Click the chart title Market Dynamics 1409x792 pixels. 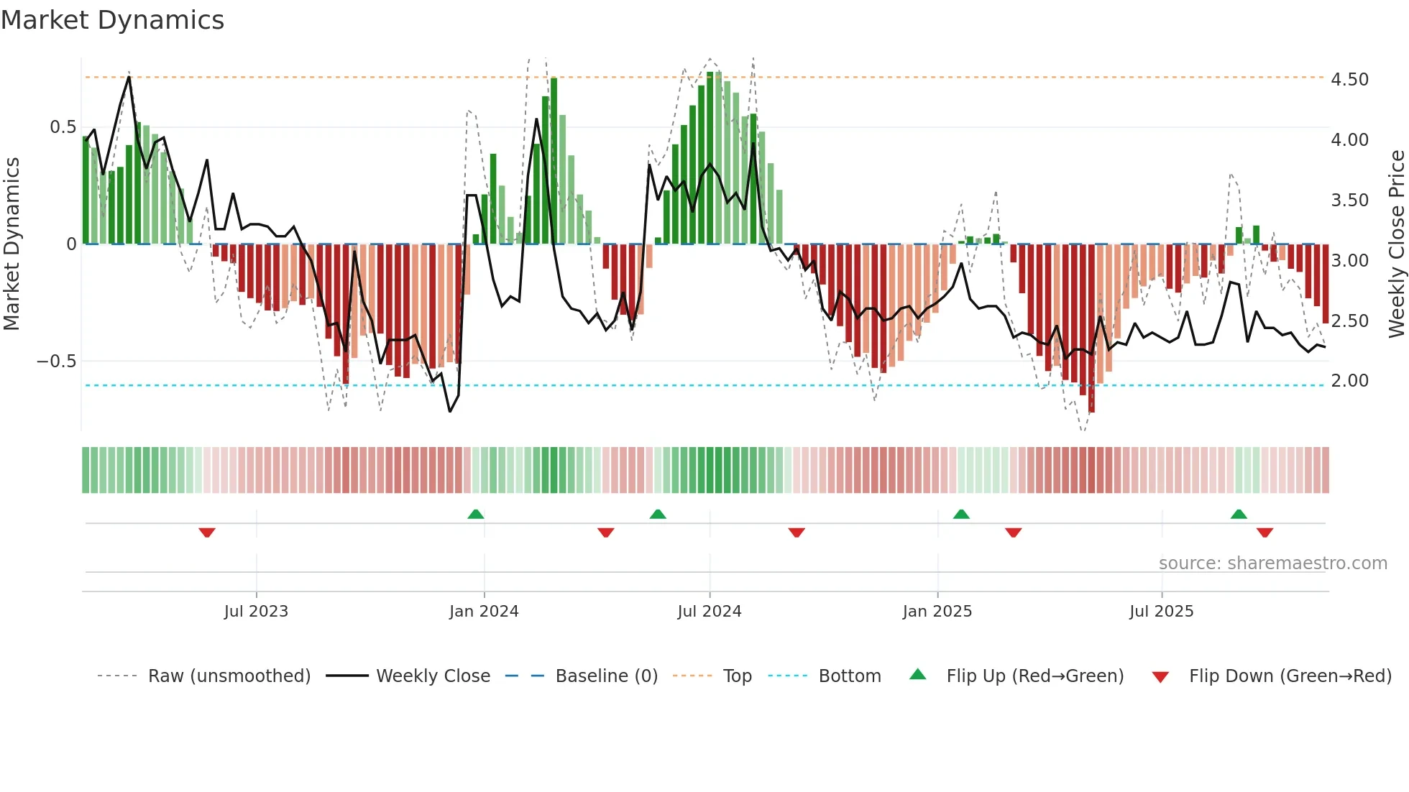tap(113, 20)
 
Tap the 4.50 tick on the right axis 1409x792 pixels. tap(1349, 79)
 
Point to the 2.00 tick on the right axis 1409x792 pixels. tap(1349, 381)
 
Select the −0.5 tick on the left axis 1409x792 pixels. tap(56, 361)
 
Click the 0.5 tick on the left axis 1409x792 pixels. tap(63, 127)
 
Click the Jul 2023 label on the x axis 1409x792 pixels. tap(256, 612)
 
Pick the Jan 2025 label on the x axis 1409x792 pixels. tap(937, 612)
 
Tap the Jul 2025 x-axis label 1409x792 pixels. tap(1161, 612)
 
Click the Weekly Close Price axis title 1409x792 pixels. tap(1396, 244)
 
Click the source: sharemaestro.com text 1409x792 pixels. tap(1272, 563)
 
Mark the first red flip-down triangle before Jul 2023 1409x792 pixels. tap(207, 533)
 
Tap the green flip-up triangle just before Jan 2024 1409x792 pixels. tap(475, 514)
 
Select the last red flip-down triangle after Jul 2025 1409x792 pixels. tap(1265, 533)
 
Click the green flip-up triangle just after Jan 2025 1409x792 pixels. tap(961, 514)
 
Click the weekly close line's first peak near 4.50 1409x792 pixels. tap(129, 77)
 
